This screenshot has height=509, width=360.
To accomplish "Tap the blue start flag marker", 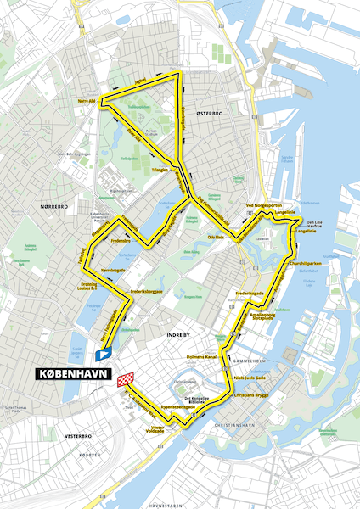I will (x=104, y=354).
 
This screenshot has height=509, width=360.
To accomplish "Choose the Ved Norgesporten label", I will (x=262, y=206).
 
